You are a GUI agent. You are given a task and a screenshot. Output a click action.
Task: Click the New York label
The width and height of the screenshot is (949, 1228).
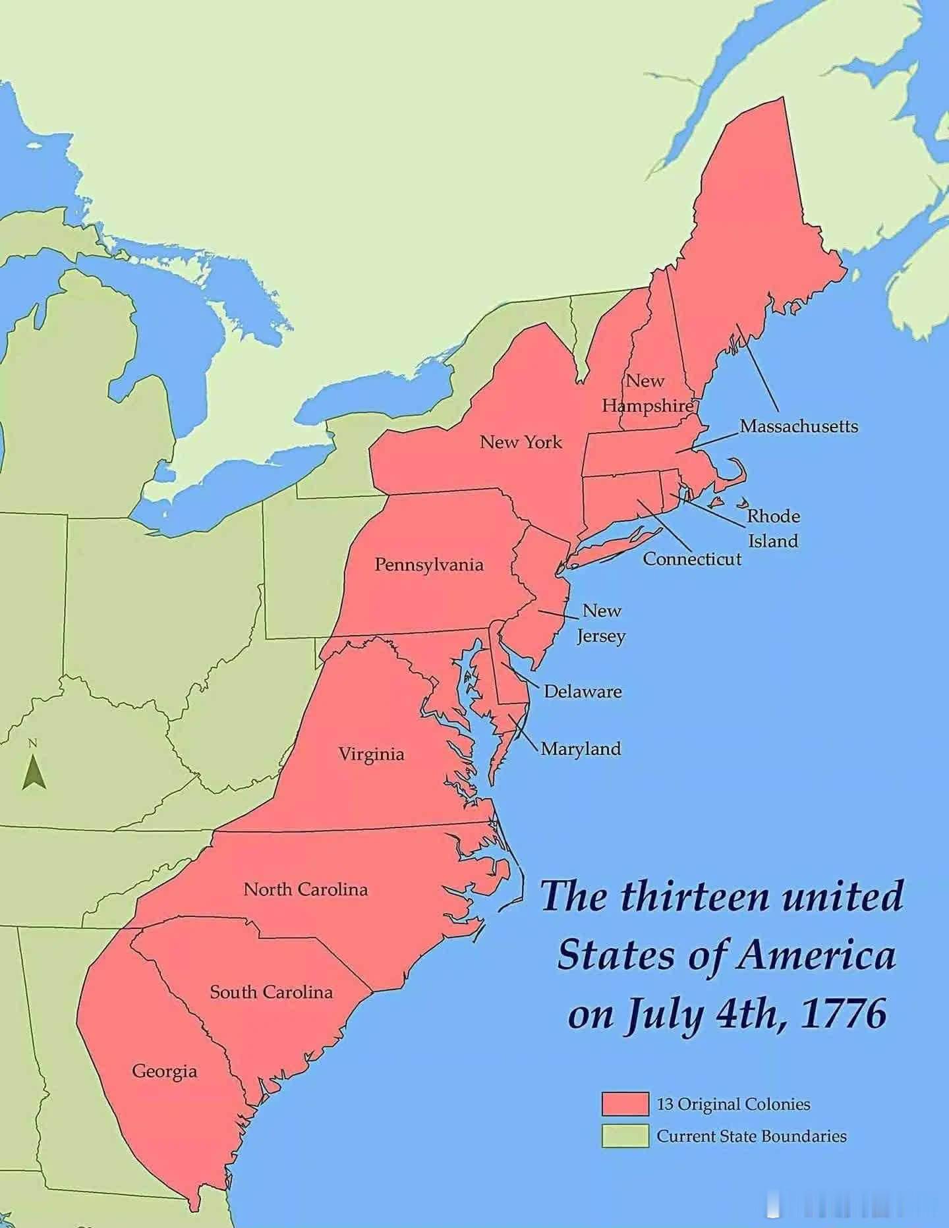pyautogui.click(x=521, y=442)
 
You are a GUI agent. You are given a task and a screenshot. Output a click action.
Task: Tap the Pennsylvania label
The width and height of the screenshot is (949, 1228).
pyautogui.click(x=429, y=565)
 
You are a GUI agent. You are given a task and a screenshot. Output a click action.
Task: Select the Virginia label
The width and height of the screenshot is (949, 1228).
pyautogui.click(x=371, y=754)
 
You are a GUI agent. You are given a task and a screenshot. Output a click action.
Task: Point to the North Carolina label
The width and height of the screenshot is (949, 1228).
pyautogui.click(x=306, y=889)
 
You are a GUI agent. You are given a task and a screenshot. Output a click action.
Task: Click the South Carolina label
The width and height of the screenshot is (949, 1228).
pyautogui.click(x=271, y=992)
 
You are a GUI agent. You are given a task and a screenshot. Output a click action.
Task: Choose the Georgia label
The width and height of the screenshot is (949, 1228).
pyautogui.click(x=165, y=1071)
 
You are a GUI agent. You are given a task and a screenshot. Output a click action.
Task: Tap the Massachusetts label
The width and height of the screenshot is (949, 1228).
pyautogui.click(x=799, y=426)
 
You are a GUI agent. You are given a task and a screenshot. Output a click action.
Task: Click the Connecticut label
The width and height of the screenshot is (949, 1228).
pyautogui.click(x=692, y=559)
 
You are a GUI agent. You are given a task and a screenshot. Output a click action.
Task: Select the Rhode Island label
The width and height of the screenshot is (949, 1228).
pyautogui.click(x=773, y=528)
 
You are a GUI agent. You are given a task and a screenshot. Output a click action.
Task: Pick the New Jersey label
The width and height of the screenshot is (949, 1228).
pyautogui.click(x=601, y=623)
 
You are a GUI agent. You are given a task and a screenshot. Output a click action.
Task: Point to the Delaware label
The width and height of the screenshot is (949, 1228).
pyautogui.click(x=583, y=692)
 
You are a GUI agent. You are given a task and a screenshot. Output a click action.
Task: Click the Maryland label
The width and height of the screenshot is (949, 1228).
pyautogui.click(x=581, y=749)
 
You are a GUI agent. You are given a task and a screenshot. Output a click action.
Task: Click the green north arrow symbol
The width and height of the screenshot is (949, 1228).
pyautogui.click(x=34, y=772)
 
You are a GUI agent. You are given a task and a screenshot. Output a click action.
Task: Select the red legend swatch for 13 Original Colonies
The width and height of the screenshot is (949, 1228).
pyautogui.click(x=625, y=1104)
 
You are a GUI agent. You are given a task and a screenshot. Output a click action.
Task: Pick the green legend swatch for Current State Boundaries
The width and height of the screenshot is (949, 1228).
pyautogui.click(x=625, y=1136)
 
